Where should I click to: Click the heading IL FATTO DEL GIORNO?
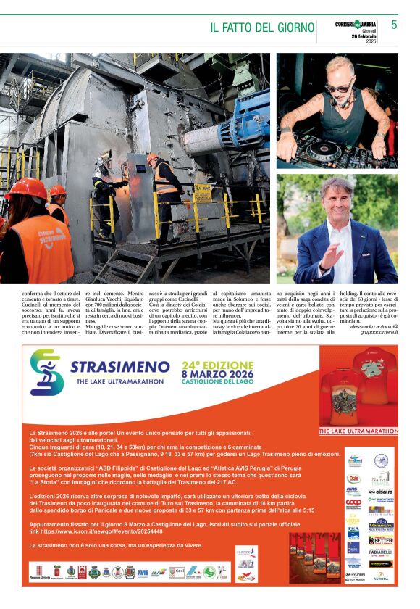pos(262,28)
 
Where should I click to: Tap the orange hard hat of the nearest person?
pos(26,188)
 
